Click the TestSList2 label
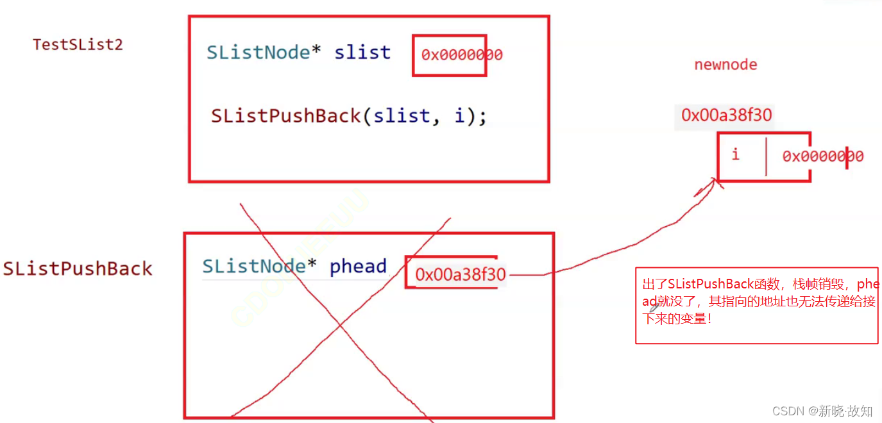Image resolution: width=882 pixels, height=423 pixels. tap(78, 44)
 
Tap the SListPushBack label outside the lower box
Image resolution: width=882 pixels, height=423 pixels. tap(78, 268)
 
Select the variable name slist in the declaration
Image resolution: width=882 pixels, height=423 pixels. tap(362, 52)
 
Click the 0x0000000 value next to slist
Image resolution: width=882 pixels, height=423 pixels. tap(461, 55)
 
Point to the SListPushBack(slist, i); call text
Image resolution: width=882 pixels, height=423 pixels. tap(349, 116)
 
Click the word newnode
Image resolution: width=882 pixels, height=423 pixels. tap(725, 65)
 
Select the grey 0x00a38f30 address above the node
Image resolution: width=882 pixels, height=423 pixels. tap(726, 115)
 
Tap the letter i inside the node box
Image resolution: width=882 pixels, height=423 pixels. tap(735, 154)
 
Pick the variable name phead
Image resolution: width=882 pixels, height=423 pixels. tap(358, 267)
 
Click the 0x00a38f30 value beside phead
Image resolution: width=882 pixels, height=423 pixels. tap(460, 275)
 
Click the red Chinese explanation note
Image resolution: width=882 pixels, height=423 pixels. tap(757, 301)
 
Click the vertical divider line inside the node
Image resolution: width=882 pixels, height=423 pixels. tap(766, 156)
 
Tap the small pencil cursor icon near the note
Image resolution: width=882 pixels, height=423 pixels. tap(654, 308)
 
